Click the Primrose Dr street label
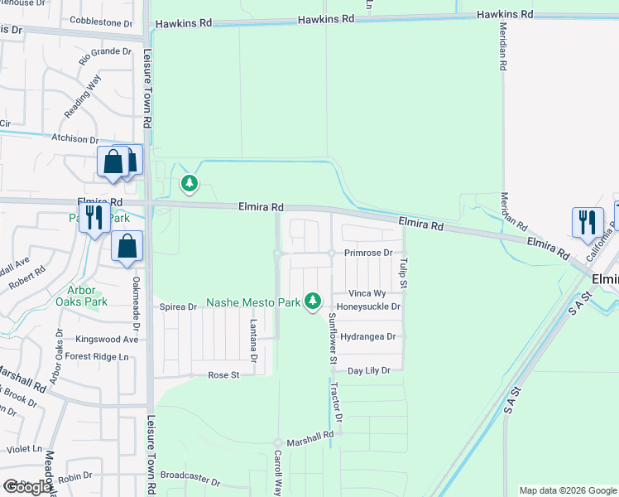click(372, 253)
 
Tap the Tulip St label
click(404, 273)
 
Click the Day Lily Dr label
click(368, 371)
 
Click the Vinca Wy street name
click(367, 293)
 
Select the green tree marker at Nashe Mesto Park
click(312, 302)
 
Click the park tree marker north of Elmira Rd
click(190, 182)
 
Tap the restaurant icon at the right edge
click(588, 222)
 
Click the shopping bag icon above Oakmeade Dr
click(127, 247)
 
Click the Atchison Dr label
click(75, 140)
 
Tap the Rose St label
click(223, 375)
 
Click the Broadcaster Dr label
click(190, 480)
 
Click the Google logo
click(27, 487)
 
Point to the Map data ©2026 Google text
click(567, 490)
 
